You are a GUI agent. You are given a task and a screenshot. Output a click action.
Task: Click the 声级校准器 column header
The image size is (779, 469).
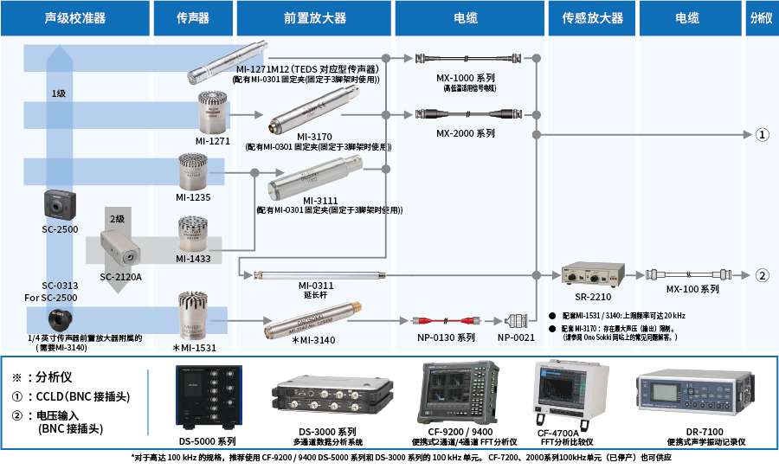click(74, 17)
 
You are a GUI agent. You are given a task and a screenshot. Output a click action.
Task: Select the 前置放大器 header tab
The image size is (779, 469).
click(314, 17)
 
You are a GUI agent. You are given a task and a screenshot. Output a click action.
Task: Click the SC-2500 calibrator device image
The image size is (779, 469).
click(61, 207)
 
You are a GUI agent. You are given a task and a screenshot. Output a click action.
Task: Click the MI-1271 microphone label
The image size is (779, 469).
click(212, 140)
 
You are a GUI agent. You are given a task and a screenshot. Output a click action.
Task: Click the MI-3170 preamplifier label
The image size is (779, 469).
click(316, 137)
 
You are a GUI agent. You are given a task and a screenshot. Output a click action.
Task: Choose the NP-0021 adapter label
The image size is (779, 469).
click(517, 338)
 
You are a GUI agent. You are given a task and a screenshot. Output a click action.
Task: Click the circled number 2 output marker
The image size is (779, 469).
click(762, 276)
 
